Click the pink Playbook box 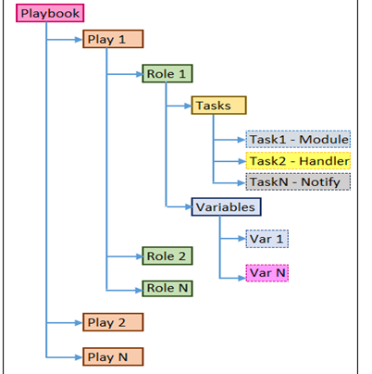pyautogui.click(x=50, y=13)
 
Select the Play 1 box pyautogui.click(x=113, y=39)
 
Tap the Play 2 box pyautogui.click(x=113, y=322)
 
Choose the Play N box pyautogui.click(x=113, y=356)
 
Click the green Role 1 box pyautogui.click(x=167, y=73)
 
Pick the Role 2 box pyautogui.click(x=167, y=256)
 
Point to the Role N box pyautogui.click(x=167, y=289)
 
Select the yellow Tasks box pyautogui.click(x=219, y=106)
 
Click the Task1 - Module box pyautogui.click(x=298, y=139)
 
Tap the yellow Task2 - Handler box pyautogui.click(x=298, y=160)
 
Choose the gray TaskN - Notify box pyautogui.click(x=298, y=181)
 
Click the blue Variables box pyautogui.click(x=227, y=206)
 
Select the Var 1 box pyautogui.click(x=267, y=239)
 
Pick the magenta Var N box pyautogui.click(x=267, y=273)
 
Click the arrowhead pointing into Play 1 pyautogui.click(x=79, y=40)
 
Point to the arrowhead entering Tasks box pyautogui.click(x=188, y=106)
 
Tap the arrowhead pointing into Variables pyautogui.click(x=188, y=206)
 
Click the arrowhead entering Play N pyautogui.click(x=79, y=357)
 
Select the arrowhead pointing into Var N pyautogui.click(x=242, y=279)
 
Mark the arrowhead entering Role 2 pyautogui.click(x=139, y=256)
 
